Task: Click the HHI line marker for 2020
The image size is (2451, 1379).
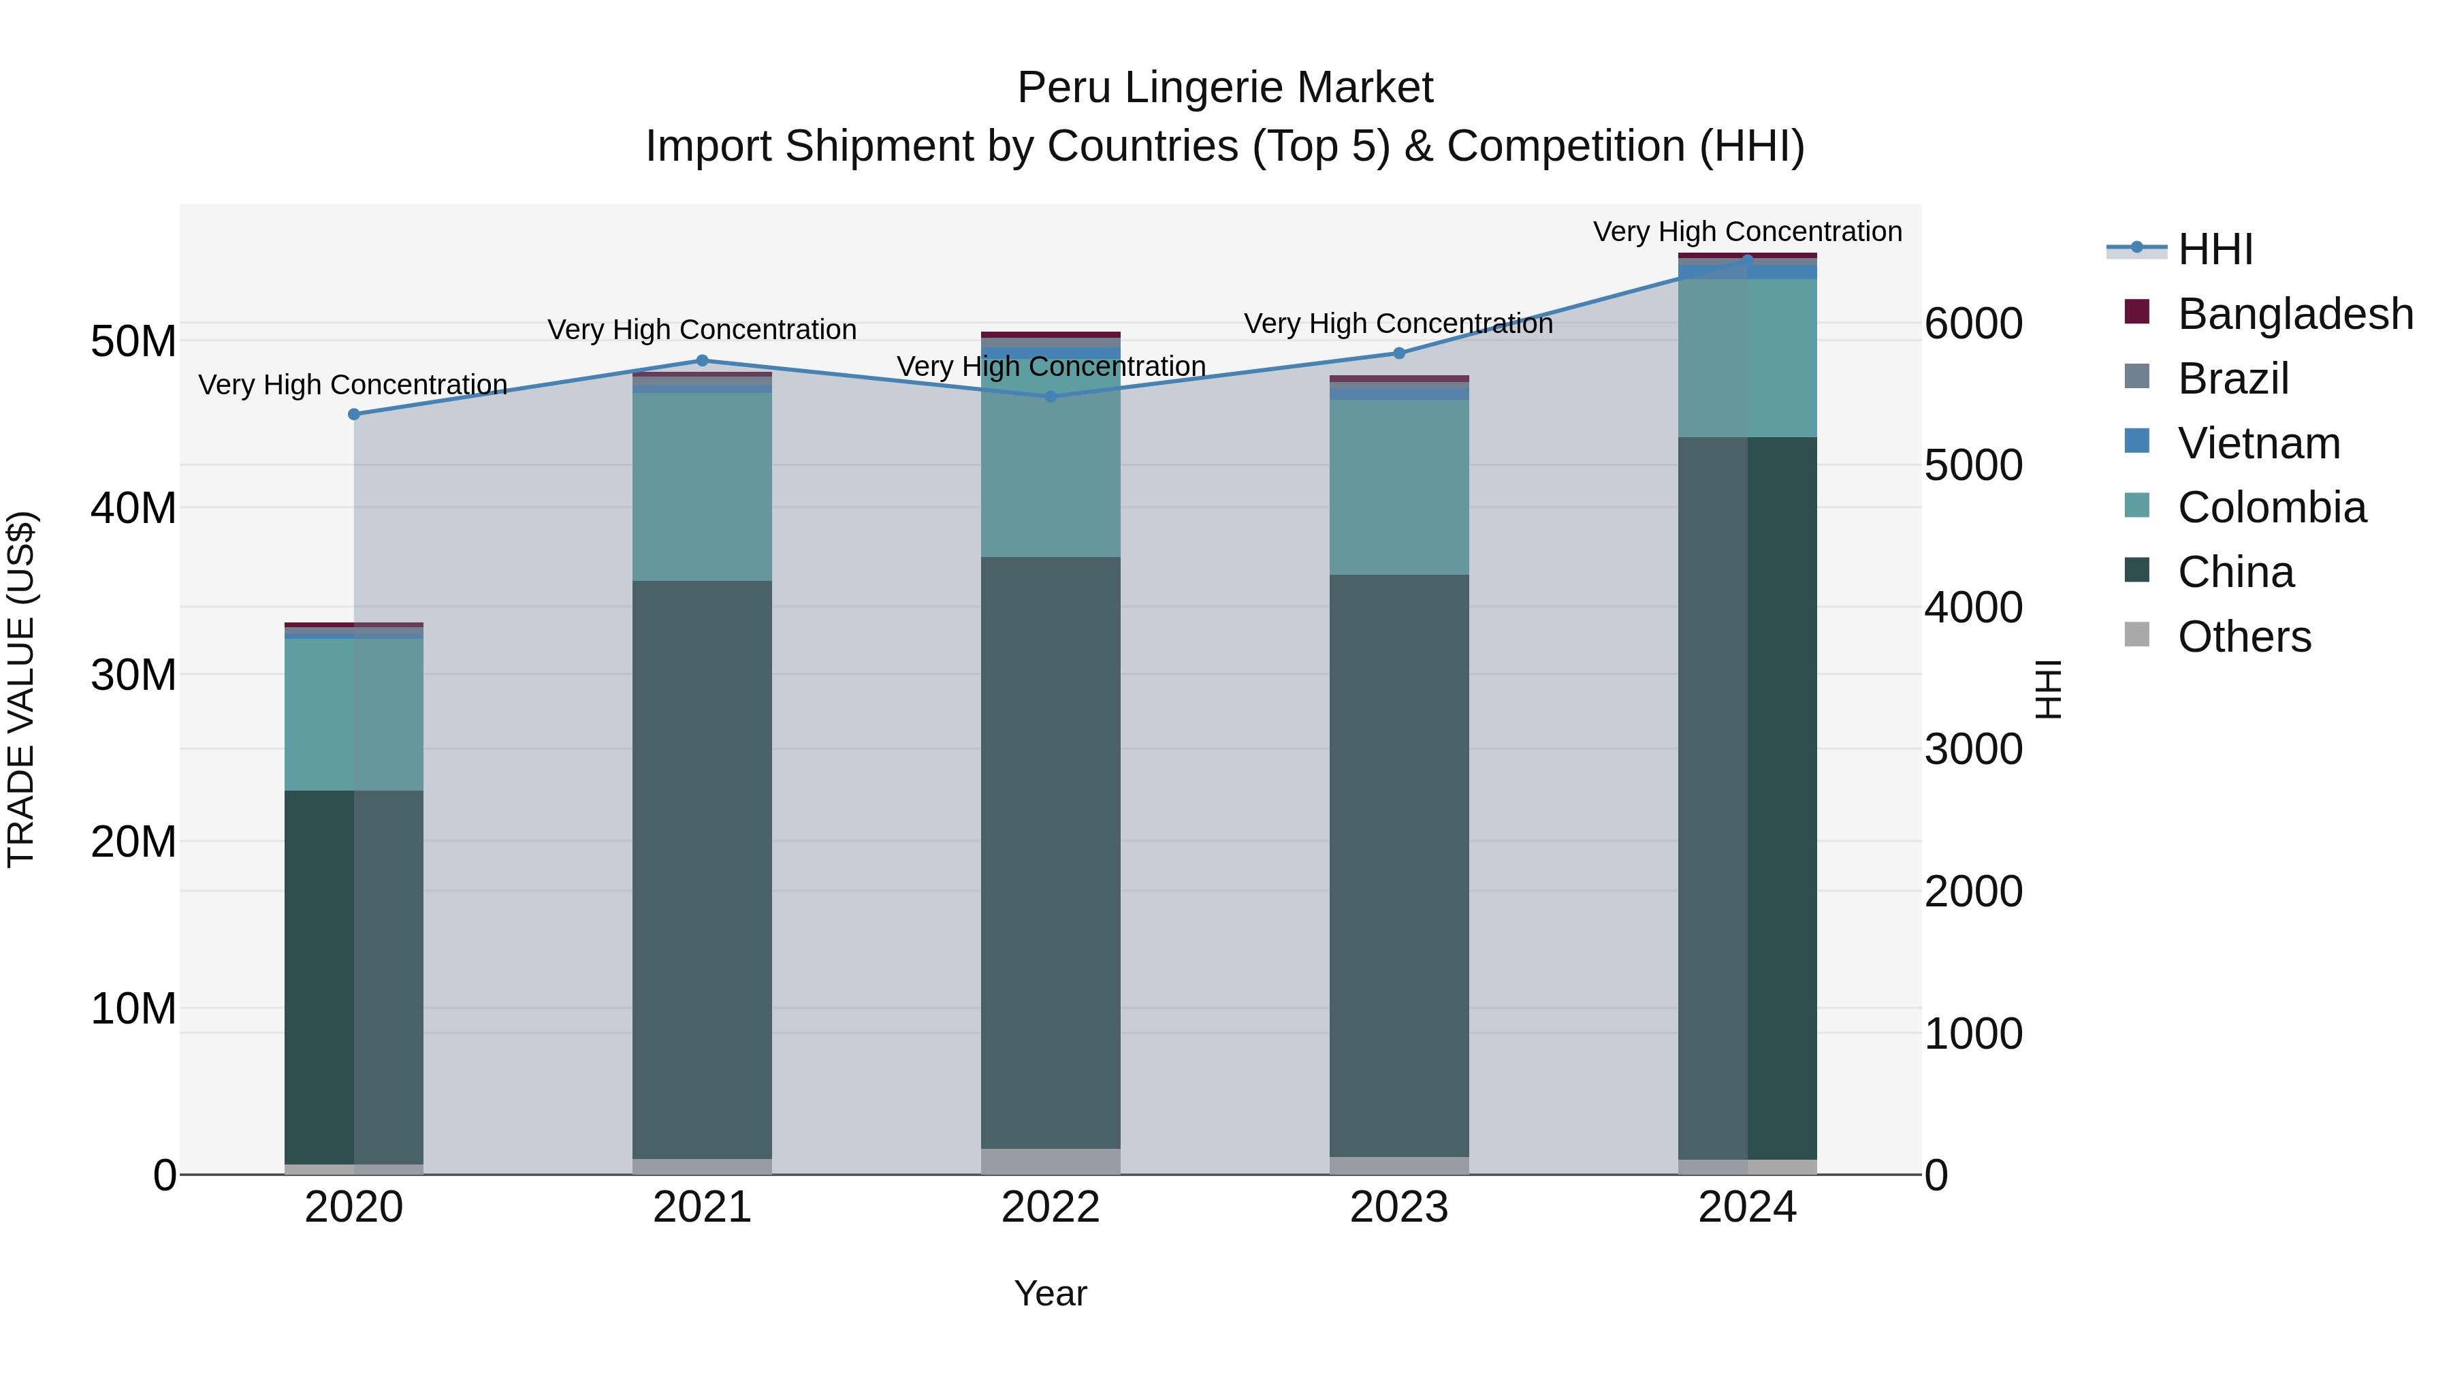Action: pos(354,414)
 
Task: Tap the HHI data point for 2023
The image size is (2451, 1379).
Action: pos(1398,353)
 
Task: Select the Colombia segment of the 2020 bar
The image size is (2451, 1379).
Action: pos(354,714)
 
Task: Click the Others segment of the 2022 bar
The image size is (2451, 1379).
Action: pos(1051,1161)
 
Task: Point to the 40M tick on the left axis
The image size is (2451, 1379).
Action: pos(133,508)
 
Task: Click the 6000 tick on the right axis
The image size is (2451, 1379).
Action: pos(1973,323)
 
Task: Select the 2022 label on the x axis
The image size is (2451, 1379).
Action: pos(1051,1207)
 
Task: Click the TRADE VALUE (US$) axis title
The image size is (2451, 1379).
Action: pos(21,689)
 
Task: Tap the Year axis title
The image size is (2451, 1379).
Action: pos(1051,1293)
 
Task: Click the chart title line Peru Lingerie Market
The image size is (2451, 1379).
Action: pos(1225,88)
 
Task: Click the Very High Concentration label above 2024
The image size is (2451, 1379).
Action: pos(1747,232)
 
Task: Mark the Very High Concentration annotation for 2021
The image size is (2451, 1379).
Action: pos(702,330)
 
